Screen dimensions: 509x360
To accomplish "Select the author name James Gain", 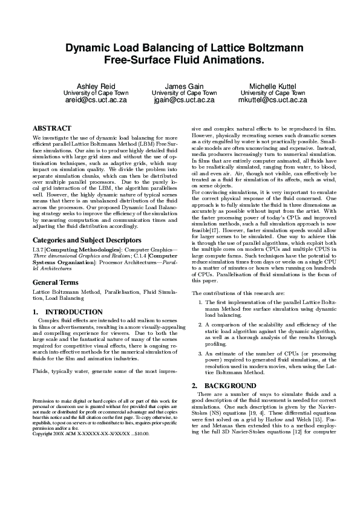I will pos(184,86).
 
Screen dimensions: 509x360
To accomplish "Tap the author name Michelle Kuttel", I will pos(273,86).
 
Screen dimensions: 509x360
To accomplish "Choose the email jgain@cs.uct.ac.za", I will pos(184,100).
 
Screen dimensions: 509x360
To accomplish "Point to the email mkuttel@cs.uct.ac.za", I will pos(273,100).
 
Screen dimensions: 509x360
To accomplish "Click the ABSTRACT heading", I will pos(51,129).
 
